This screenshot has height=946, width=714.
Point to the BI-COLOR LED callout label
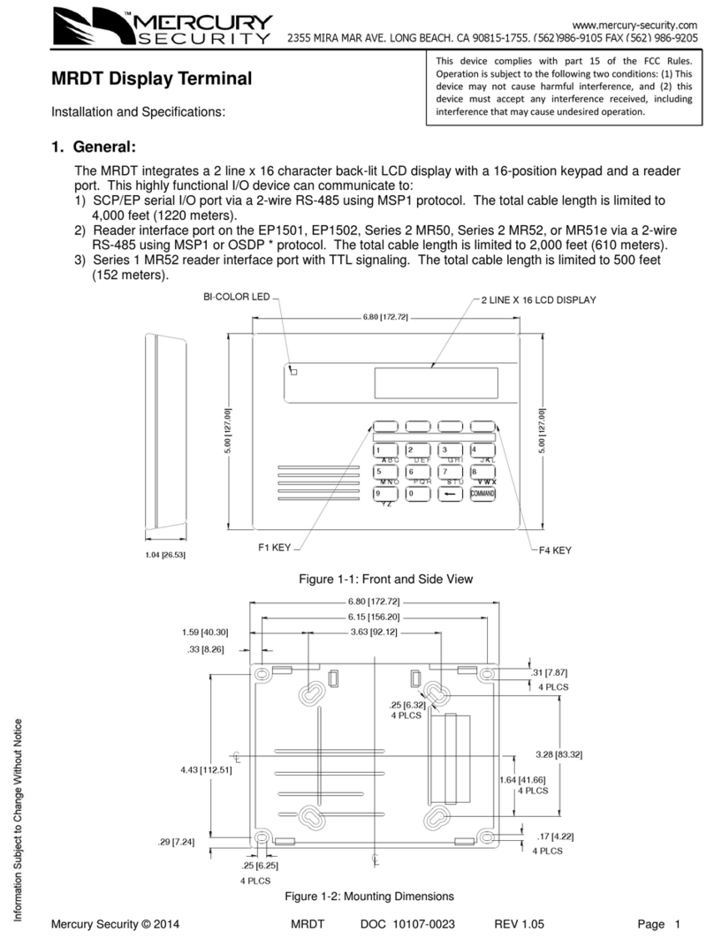click(x=236, y=297)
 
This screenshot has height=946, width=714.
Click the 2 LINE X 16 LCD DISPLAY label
click(x=538, y=300)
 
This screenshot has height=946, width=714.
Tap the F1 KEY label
click(x=274, y=548)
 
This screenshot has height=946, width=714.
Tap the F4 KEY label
click(x=554, y=549)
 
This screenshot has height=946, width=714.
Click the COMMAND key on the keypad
click(x=482, y=494)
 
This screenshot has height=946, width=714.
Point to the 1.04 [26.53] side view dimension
click(x=165, y=554)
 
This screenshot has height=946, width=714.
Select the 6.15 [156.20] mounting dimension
click(x=368, y=617)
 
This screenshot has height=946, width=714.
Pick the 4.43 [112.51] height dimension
click(x=205, y=769)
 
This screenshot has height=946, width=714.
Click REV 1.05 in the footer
click(x=519, y=924)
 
